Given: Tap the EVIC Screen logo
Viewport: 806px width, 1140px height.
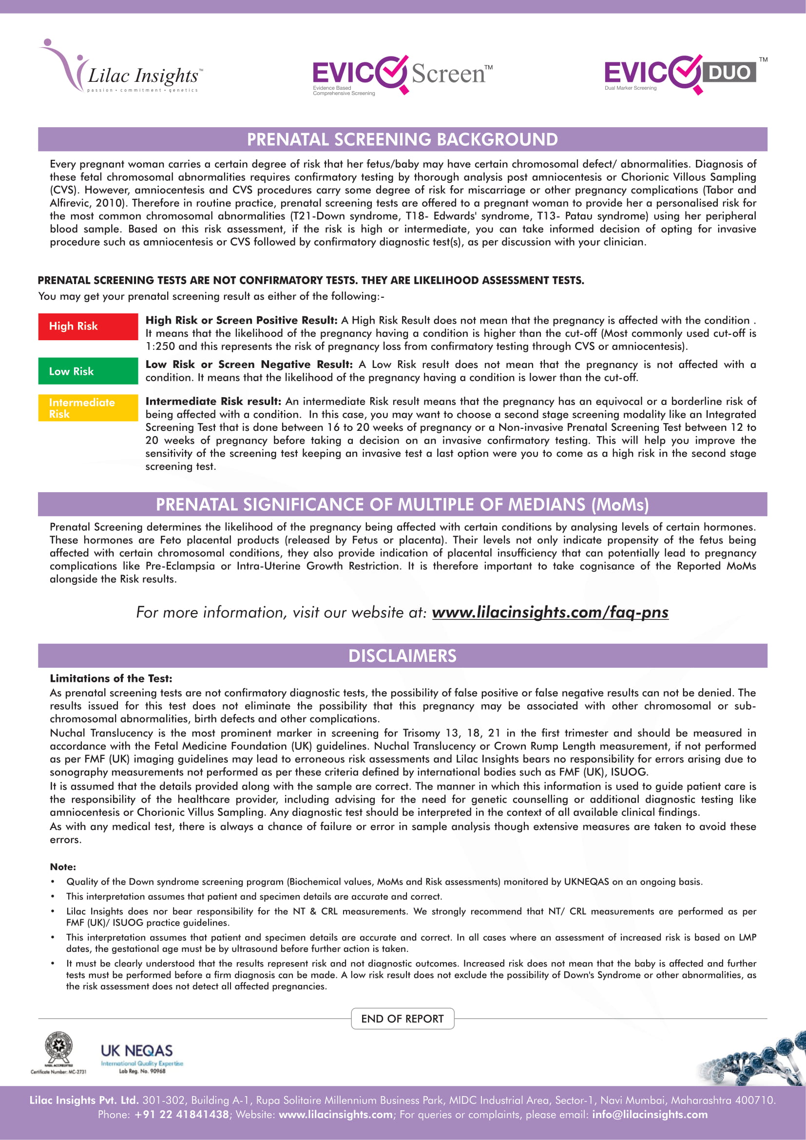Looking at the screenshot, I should coord(402,75).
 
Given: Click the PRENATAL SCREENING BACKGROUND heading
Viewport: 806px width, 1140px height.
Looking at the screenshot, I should coord(403,139).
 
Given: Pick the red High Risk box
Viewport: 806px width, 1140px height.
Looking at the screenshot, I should coord(88,326).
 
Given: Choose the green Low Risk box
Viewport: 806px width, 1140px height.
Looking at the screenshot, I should coord(88,371).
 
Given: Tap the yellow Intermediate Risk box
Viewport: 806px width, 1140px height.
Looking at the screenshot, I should coord(88,407).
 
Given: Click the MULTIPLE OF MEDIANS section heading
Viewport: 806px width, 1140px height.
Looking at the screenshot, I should coord(403,504).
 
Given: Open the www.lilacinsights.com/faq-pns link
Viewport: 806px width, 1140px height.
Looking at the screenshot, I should coord(550,612).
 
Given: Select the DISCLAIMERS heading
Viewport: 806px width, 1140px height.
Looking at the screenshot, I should coord(403,656).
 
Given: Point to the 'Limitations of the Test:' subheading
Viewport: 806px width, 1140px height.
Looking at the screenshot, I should coord(111,678).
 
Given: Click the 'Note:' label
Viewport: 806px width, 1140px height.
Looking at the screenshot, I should coord(63,867).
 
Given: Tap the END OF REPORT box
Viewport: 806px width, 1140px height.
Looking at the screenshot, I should coord(403,1018).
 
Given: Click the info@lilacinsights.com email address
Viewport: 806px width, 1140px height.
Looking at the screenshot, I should coord(650,1114).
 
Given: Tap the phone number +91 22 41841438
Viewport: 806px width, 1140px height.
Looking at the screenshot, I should coord(182,1114).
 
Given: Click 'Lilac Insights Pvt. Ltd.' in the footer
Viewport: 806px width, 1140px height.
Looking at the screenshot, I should coord(83,1100).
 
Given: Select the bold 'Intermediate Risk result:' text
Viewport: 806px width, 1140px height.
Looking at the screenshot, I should coord(213,401).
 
